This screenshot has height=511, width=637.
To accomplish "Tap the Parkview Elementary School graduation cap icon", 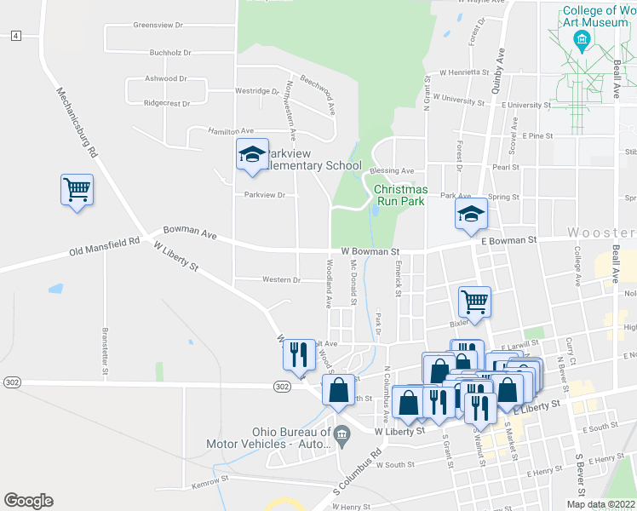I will point(252,155).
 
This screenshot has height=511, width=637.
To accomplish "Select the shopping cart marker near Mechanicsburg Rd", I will point(77,189).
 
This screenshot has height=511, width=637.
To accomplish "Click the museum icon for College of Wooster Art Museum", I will point(582,39).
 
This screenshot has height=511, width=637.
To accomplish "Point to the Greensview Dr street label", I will point(158,26).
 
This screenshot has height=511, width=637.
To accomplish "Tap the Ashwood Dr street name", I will point(166,78).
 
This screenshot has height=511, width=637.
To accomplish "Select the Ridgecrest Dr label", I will point(167,103).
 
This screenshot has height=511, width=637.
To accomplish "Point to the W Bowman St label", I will point(370,252).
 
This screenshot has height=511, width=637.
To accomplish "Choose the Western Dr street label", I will point(281,279).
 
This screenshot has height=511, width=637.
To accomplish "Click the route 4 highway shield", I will point(15,36).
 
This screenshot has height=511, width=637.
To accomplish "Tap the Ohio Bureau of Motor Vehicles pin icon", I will point(341,434).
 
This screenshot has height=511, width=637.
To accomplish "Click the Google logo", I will point(29,500).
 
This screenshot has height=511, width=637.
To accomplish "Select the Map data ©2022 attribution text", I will point(600,504).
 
